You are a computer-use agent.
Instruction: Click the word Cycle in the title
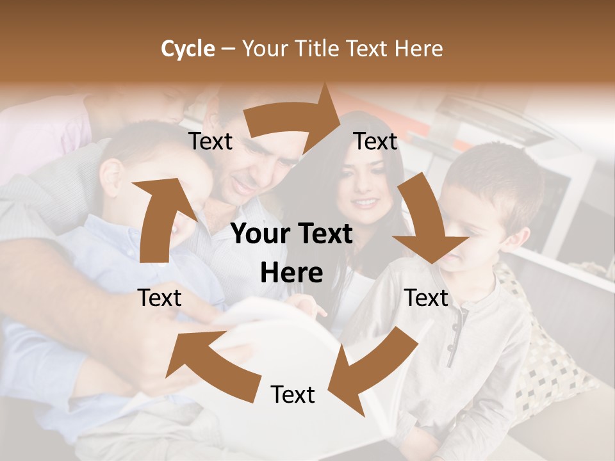188,49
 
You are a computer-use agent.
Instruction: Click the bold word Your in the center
260,234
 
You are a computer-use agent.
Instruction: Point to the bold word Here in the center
291,273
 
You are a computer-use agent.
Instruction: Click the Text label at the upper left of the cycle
211,142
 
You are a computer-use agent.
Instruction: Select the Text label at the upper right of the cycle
376,142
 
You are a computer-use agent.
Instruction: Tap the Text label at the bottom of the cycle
293,394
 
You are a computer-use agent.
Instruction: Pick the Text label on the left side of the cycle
160,298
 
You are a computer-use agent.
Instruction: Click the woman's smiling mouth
366,203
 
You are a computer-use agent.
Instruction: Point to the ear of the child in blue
111,175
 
